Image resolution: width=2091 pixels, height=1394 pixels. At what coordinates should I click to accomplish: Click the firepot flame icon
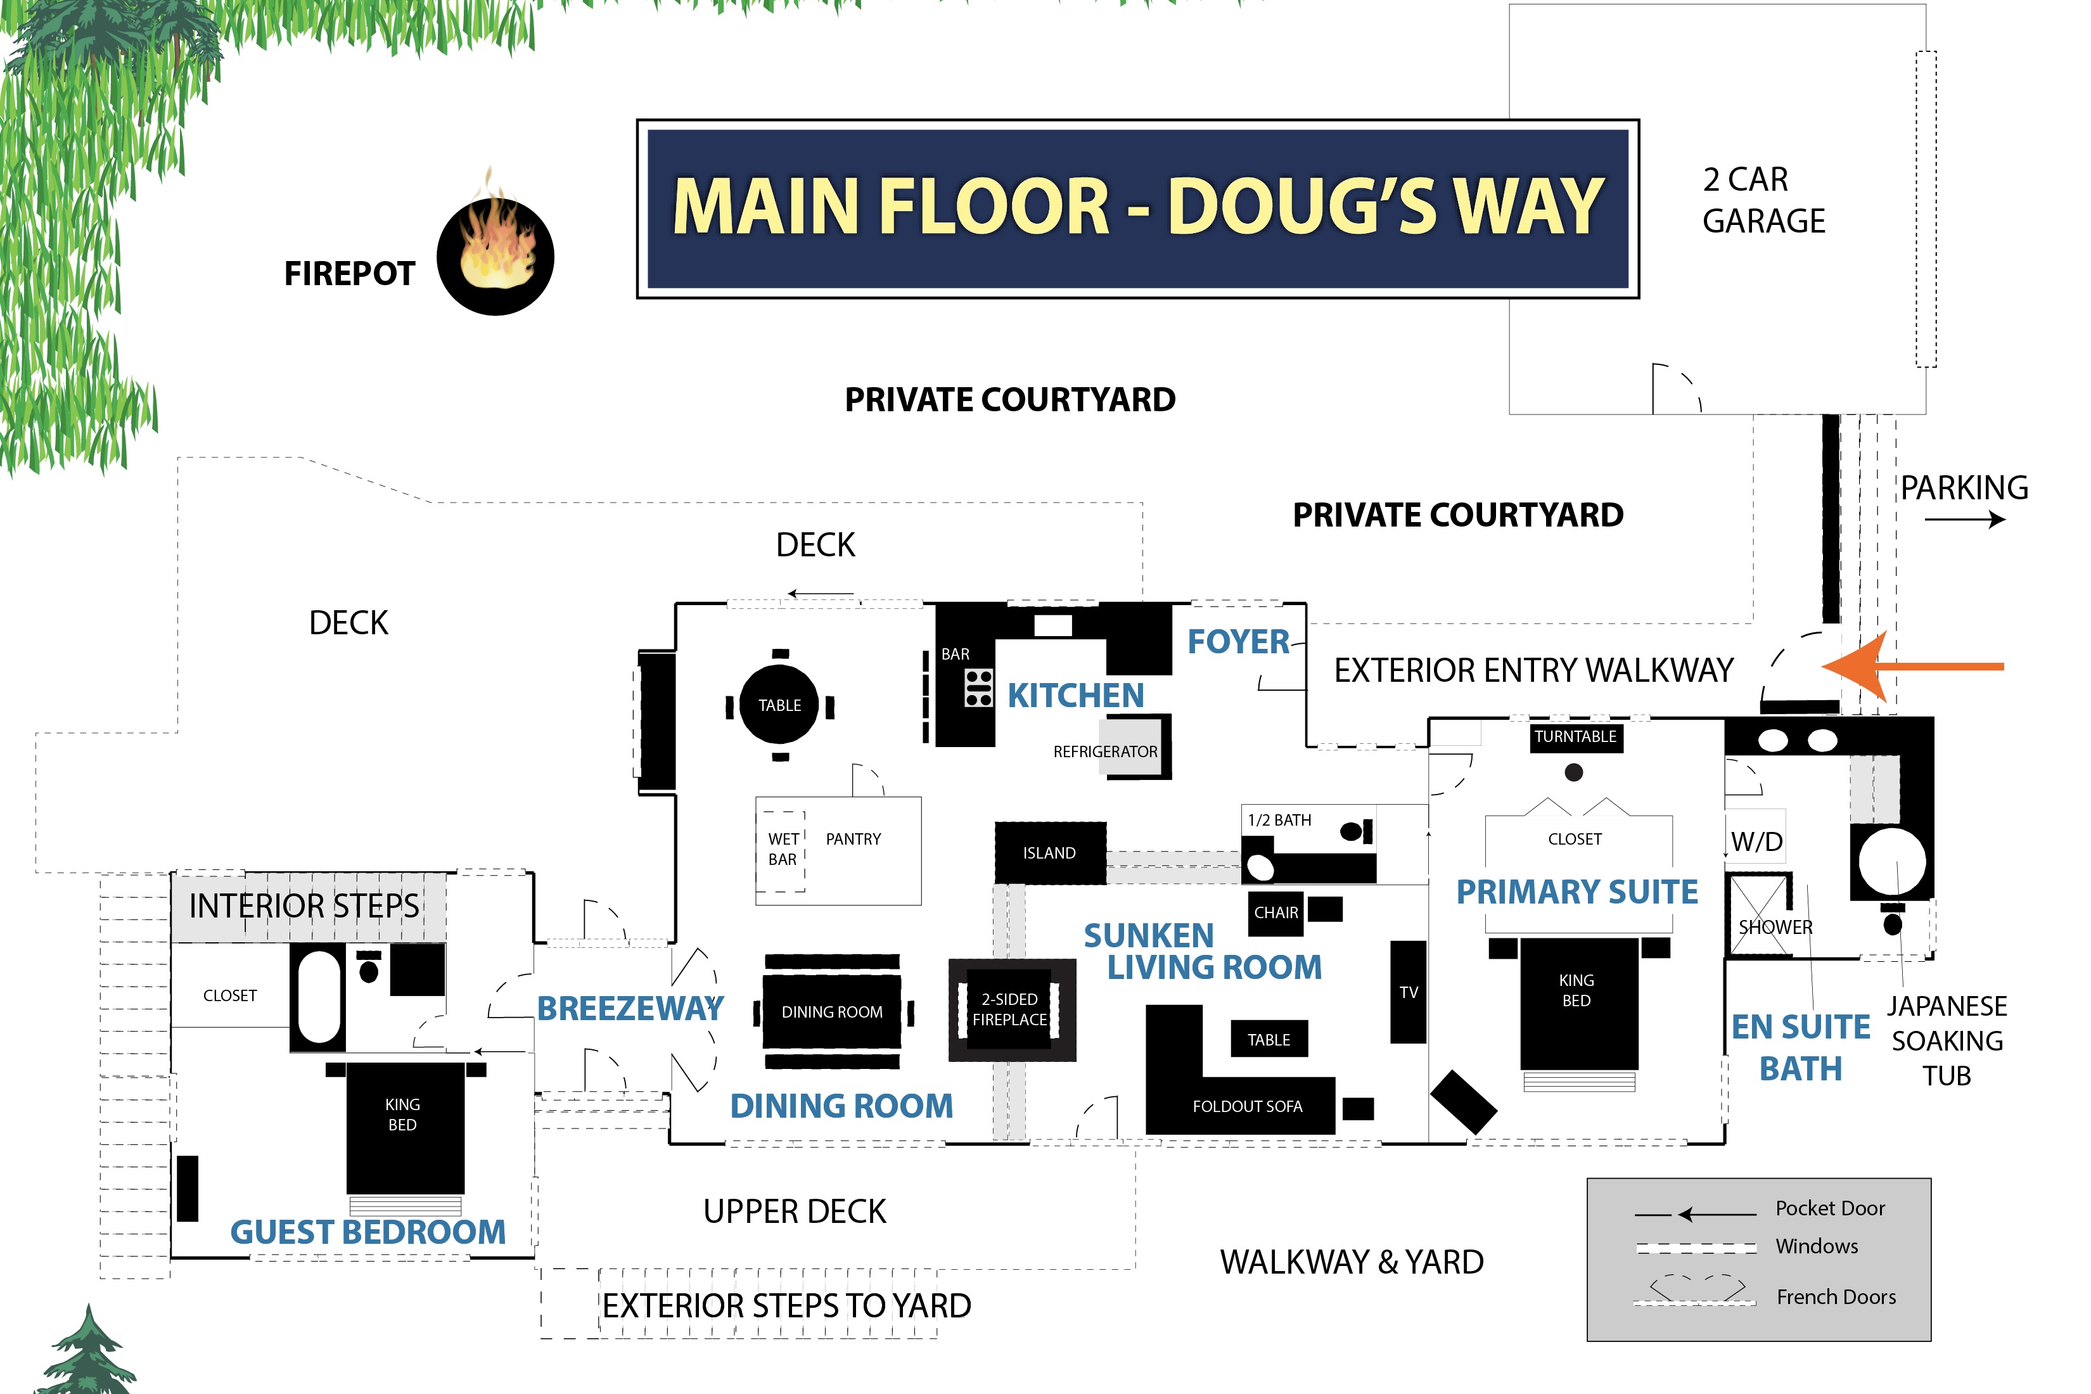click(x=496, y=253)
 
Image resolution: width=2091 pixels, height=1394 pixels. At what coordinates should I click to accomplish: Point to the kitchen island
click(x=1049, y=853)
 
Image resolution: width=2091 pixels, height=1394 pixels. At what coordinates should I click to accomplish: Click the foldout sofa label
click(x=1246, y=1106)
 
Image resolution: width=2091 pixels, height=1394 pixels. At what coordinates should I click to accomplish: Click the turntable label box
click(x=1575, y=737)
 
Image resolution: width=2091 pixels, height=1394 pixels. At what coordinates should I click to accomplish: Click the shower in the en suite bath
click(x=1760, y=916)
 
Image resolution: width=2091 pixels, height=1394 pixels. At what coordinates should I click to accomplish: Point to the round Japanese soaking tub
click(x=1892, y=860)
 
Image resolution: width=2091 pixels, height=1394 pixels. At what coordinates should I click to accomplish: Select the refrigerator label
click(x=1105, y=752)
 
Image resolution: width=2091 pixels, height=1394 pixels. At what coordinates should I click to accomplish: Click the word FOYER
click(x=1237, y=642)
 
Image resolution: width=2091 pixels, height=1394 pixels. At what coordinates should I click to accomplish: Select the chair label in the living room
click(x=1276, y=913)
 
